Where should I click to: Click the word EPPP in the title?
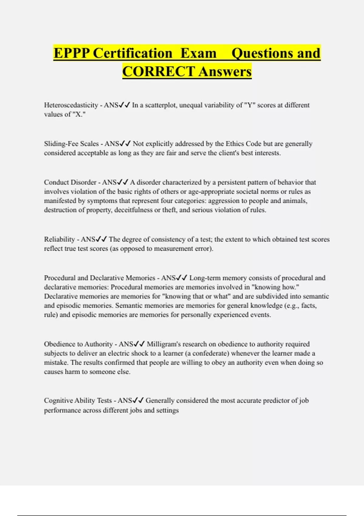(x=72, y=53)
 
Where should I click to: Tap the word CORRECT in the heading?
(x=158, y=72)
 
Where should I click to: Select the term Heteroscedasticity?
(x=71, y=105)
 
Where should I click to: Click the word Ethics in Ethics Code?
(x=235, y=144)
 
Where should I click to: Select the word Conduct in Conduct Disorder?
(x=56, y=182)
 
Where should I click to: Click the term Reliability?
(x=59, y=239)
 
